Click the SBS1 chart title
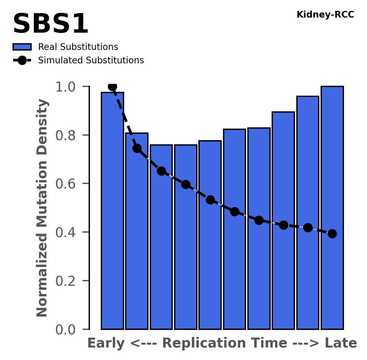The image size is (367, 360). click(x=50, y=24)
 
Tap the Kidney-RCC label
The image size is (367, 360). click(x=325, y=15)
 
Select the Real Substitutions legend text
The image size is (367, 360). click(x=78, y=47)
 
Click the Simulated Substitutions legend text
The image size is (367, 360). click(x=91, y=60)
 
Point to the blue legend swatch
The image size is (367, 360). click(x=22, y=47)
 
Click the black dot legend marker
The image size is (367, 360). click(x=22, y=60)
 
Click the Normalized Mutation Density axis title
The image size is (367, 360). click(x=42, y=208)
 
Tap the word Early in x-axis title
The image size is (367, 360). click(x=106, y=343)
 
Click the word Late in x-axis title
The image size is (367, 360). click(x=341, y=343)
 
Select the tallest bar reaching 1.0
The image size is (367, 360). click(x=332, y=208)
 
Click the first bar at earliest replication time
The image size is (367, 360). click(x=112, y=211)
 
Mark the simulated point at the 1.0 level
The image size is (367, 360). click(x=112, y=86)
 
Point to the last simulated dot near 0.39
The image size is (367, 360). click(x=332, y=234)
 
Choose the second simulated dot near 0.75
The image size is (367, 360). click(x=137, y=148)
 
